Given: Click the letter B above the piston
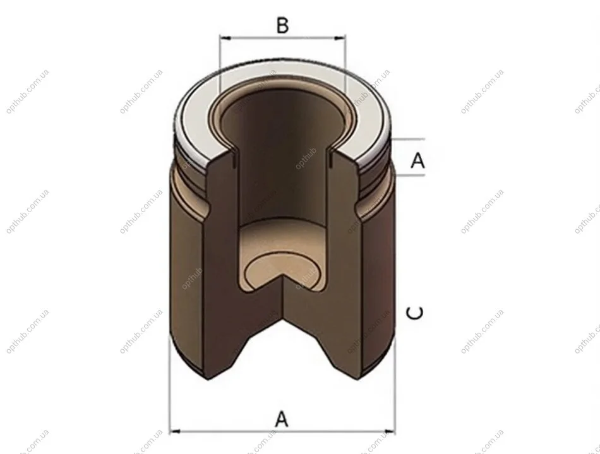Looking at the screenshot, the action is (x=282, y=25).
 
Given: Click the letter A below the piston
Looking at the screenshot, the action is (x=281, y=419).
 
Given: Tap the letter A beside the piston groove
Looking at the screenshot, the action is (x=418, y=160).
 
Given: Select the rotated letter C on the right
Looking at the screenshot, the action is (x=415, y=313).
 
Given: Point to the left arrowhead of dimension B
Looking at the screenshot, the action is (x=225, y=38).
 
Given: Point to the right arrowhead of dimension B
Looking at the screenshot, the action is (x=339, y=38).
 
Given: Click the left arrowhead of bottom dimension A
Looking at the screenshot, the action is (x=175, y=432).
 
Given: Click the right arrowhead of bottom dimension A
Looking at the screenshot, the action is (x=390, y=432).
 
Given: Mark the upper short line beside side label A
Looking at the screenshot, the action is (x=409, y=139).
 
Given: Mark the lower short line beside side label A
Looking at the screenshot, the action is (x=410, y=175).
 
